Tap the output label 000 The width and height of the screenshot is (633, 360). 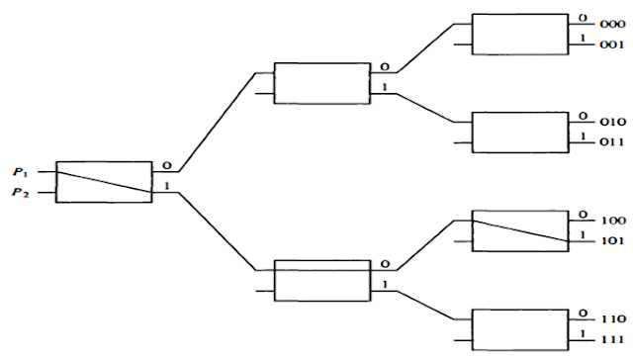coord(613,19)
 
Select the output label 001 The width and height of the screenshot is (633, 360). coord(613,45)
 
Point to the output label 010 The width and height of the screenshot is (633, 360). coord(613,118)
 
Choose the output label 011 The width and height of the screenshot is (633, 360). coord(613,142)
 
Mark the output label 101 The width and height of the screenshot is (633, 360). coord(613,240)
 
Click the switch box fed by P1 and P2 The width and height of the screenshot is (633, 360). coord(104,182)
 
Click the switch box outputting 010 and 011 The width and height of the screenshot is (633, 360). coord(520,132)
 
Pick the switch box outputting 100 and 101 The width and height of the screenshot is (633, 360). coord(520,229)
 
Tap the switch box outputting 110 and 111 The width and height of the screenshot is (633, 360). coord(520,329)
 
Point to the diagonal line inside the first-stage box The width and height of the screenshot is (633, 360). coord(104,182)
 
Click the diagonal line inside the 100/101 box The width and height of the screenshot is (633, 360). coord(520,229)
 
